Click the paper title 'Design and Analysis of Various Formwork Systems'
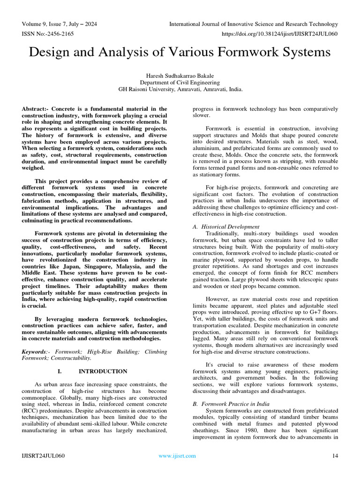click(x=180, y=52)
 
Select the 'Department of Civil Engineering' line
click(x=180, y=82)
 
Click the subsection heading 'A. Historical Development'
click(x=226, y=226)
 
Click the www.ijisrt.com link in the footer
click(x=178, y=456)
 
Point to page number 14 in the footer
click(x=335, y=456)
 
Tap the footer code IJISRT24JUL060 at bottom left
click(x=43, y=456)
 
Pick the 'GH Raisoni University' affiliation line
click(x=180, y=89)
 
